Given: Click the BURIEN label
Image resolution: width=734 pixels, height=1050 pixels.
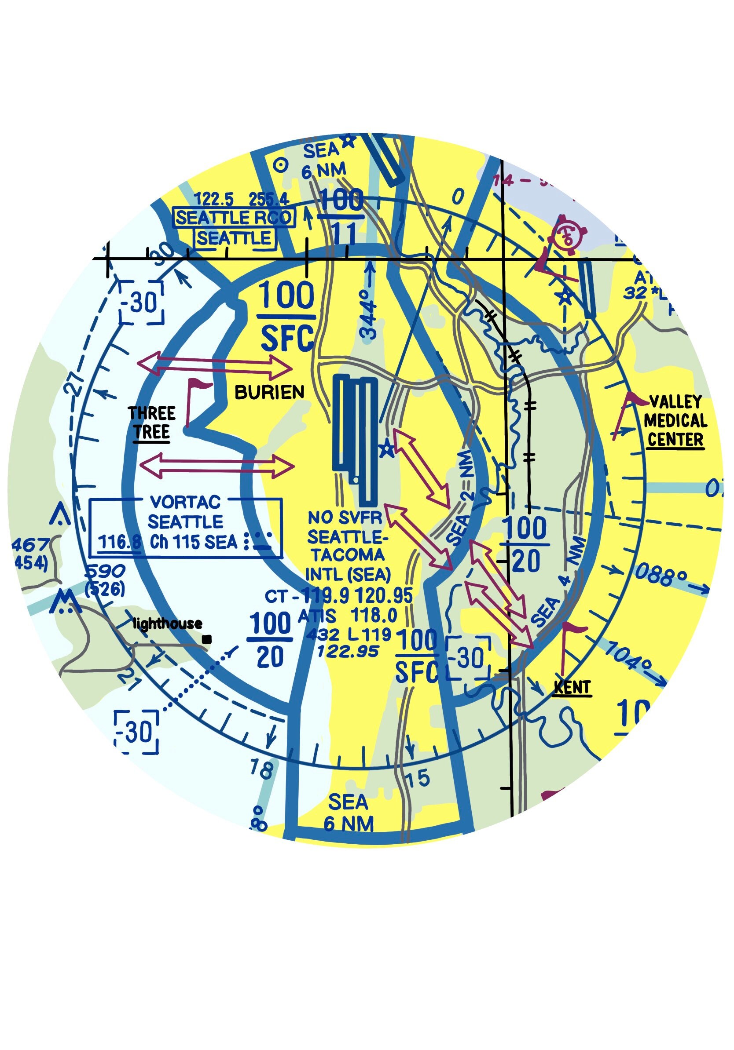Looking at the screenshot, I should (269, 392).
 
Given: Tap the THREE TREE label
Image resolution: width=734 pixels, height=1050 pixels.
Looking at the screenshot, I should (152, 423).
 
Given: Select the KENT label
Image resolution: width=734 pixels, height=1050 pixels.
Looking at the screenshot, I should (572, 687).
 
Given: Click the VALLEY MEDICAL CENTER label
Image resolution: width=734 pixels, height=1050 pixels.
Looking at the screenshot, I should (675, 421).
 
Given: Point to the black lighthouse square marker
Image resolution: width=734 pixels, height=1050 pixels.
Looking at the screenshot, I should (207, 640).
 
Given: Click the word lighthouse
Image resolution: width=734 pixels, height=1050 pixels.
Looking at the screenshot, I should (168, 624).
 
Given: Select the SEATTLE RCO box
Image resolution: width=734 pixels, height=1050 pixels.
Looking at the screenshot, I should (234, 218).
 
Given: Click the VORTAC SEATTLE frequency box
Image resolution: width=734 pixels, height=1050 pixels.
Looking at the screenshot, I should (185, 528).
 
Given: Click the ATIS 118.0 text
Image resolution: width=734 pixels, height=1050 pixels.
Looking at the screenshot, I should (347, 616).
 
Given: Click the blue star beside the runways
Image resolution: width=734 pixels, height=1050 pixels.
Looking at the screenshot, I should (387, 449).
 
